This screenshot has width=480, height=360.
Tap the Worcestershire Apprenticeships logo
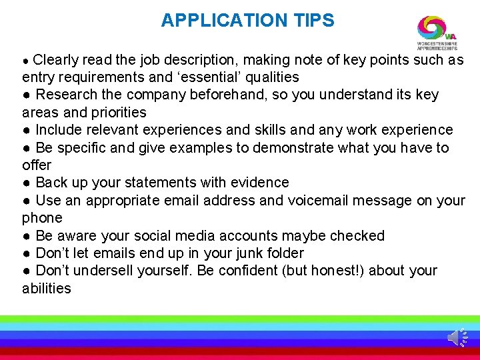(437, 33)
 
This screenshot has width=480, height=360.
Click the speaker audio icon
(457, 337)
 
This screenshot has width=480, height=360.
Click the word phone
(42, 218)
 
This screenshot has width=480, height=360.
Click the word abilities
(47, 289)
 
